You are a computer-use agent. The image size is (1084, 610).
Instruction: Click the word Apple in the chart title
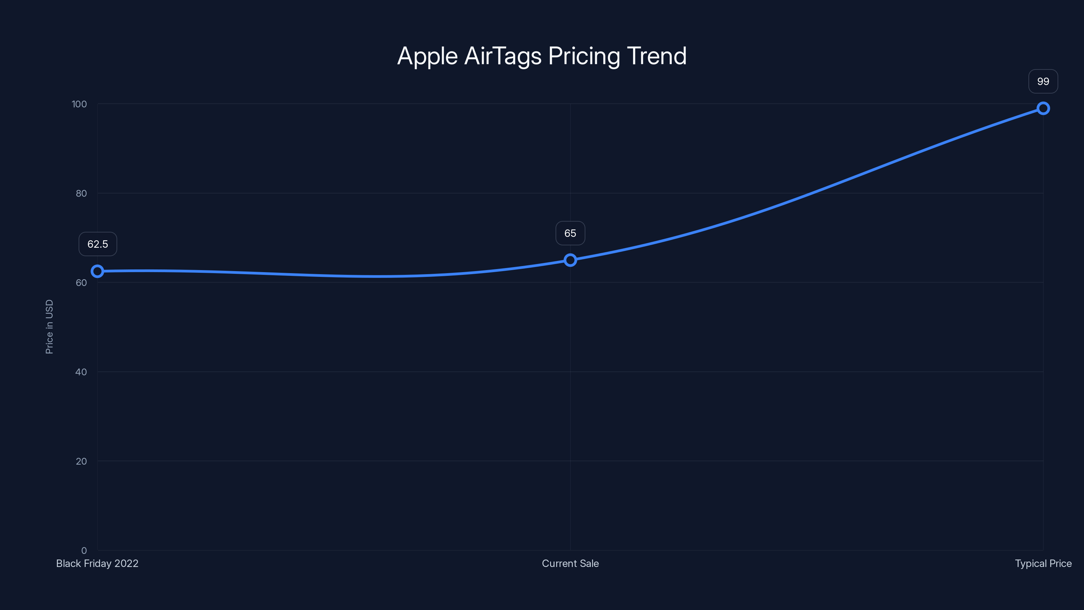coord(427,56)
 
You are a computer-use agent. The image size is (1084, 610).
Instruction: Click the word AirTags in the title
coord(502,56)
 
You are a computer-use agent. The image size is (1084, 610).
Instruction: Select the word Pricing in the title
coord(584,56)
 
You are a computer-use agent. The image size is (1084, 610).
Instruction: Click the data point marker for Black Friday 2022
coord(97,271)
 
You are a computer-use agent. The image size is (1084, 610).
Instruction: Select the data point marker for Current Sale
coord(570,260)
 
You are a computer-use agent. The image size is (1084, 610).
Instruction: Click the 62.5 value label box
coord(98,244)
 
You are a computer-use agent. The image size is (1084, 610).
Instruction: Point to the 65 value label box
coord(570,233)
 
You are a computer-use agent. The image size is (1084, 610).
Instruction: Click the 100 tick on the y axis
coord(79,104)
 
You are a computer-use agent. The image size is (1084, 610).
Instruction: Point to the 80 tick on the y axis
coord(81,193)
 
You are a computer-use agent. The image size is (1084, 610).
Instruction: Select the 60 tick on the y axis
coord(81,283)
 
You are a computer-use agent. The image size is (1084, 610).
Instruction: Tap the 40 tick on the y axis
coord(81,372)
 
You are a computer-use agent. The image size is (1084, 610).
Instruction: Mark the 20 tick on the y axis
coord(81,461)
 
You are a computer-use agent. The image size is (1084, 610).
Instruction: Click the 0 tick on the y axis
coord(84,550)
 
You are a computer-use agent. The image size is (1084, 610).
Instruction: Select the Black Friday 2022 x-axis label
coord(97,563)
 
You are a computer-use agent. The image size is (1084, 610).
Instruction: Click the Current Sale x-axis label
coord(570,563)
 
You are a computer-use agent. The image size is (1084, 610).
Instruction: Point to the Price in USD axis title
coord(49,327)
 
